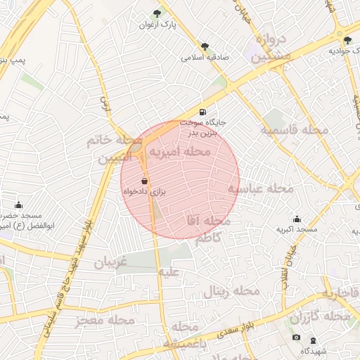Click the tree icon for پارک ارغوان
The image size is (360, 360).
point(157,13)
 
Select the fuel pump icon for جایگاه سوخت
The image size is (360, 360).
point(202,112)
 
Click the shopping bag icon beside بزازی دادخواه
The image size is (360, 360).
point(145,181)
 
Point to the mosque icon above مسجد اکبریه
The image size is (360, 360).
point(297,219)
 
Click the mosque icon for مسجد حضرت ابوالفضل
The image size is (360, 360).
point(18,205)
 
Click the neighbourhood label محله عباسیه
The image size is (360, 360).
point(260,188)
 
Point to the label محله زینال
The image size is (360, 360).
point(232,290)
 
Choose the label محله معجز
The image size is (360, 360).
point(106,320)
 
